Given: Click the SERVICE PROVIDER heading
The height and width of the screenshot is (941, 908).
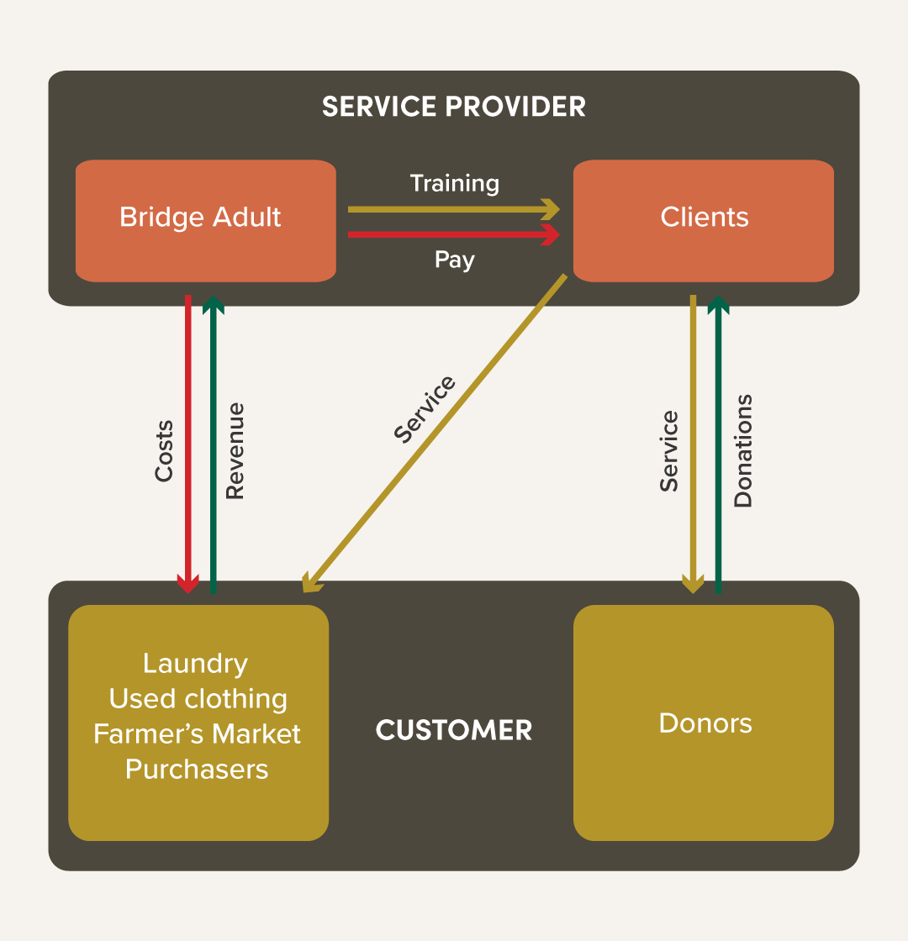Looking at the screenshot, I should [x=454, y=107].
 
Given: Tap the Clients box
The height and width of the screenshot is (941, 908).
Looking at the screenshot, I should [x=704, y=220].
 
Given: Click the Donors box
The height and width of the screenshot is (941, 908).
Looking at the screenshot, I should [x=704, y=723].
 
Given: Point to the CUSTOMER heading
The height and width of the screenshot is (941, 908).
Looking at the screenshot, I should [x=454, y=730].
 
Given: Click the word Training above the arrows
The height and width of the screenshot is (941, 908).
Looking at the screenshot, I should [x=454, y=183].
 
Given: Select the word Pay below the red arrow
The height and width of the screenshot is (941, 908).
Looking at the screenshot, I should [x=454, y=260].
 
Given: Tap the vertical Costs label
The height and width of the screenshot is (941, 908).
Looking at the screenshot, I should [x=164, y=451].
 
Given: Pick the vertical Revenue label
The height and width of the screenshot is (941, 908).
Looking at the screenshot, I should [x=235, y=451].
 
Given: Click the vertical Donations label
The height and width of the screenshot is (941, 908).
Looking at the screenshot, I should [x=743, y=450].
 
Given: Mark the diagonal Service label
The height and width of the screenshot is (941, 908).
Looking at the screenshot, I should [x=425, y=409].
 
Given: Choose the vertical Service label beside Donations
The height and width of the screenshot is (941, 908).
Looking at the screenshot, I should [x=669, y=450].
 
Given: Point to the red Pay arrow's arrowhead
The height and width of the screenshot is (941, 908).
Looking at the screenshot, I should [x=552, y=234].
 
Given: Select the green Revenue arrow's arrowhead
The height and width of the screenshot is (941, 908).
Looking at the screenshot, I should [x=214, y=304].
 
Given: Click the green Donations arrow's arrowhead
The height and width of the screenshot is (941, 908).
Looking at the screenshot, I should [x=717, y=304].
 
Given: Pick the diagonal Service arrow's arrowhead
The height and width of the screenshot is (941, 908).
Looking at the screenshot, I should [x=309, y=584].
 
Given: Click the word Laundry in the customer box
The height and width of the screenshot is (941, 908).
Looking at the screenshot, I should [x=196, y=664].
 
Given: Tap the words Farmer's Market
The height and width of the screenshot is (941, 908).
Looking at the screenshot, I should [x=197, y=733].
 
